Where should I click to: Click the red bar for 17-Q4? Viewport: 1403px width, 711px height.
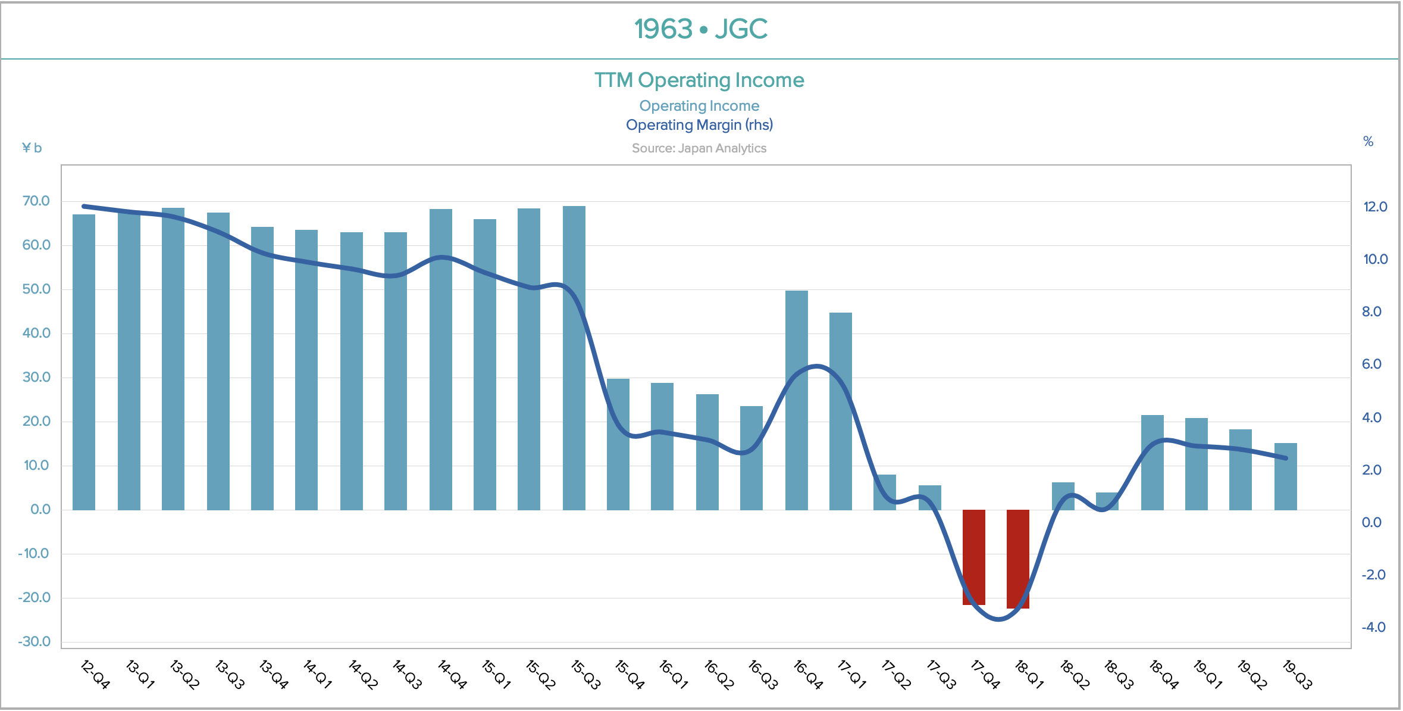click(973, 557)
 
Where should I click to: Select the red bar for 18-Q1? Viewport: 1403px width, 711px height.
click(1017, 559)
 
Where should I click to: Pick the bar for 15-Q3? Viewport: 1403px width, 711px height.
click(574, 358)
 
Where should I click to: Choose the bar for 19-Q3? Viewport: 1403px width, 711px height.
click(1285, 476)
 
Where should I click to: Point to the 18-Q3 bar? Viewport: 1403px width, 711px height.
click(1107, 501)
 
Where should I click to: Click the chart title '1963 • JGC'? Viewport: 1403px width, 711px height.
click(700, 29)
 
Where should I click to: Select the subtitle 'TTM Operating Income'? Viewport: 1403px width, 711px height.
click(699, 80)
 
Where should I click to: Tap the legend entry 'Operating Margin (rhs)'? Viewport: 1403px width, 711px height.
click(699, 125)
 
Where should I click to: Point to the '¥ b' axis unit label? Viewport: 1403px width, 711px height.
click(32, 148)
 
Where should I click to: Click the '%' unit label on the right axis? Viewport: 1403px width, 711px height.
click(1368, 142)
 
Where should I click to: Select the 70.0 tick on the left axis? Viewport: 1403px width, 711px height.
click(36, 201)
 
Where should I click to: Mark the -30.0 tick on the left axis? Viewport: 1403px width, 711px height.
click(35, 642)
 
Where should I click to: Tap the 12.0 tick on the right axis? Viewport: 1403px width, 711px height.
click(1375, 207)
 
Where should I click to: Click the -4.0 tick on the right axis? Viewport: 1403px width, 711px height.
click(1373, 627)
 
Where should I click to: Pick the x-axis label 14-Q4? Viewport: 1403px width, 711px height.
click(452, 674)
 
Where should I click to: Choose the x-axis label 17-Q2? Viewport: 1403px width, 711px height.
click(895, 674)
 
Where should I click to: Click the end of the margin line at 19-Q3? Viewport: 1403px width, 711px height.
click(1286, 458)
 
